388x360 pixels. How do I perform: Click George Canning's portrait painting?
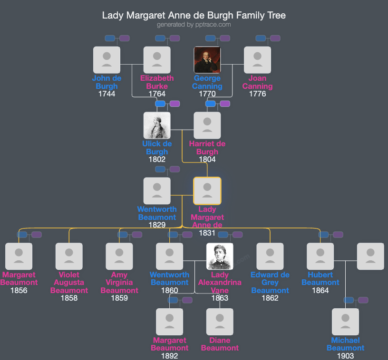pyautogui.click(x=207, y=60)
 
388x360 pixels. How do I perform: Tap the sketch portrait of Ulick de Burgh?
pyautogui.click(x=157, y=125)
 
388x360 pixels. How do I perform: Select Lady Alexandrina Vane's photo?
pyautogui.click(x=220, y=256)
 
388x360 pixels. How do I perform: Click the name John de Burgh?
pyautogui.click(x=107, y=82)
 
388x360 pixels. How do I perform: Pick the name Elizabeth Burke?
pyautogui.click(x=157, y=82)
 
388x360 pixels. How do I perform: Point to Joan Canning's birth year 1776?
pyautogui.click(x=257, y=94)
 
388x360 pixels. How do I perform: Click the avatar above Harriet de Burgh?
pyautogui.click(x=207, y=125)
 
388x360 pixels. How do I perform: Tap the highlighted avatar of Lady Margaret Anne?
pyautogui.click(x=207, y=191)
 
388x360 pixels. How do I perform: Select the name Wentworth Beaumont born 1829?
pyautogui.click(x=157, y=213)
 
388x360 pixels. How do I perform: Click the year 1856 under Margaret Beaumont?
pyautogui.click(x=19, y=291)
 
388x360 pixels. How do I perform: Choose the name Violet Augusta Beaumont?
pyautogui.click(x=69, y=283)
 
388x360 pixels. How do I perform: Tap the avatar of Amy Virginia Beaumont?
pyautogui.click(x=119, y=256)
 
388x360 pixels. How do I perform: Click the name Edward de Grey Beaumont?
pyautogui.click(x=270, y=283)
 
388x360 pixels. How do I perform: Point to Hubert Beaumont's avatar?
pyautogui.click(x=320, y=256)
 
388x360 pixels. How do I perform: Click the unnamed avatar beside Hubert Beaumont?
pyautogui.click(x=370, y=256)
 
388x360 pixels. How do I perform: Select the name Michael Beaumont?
pyautogui.click(x=346, y=344)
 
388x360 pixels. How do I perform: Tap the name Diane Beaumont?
pyautogui.click(x=220, y=344)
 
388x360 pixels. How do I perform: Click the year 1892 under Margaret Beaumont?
pyautogui.click(x=170, y=356)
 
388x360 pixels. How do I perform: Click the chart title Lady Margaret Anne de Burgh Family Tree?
pyautogui.click(x=194, y=15)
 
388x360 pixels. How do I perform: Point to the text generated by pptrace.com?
pyautogui.click(x=194, y=25)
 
